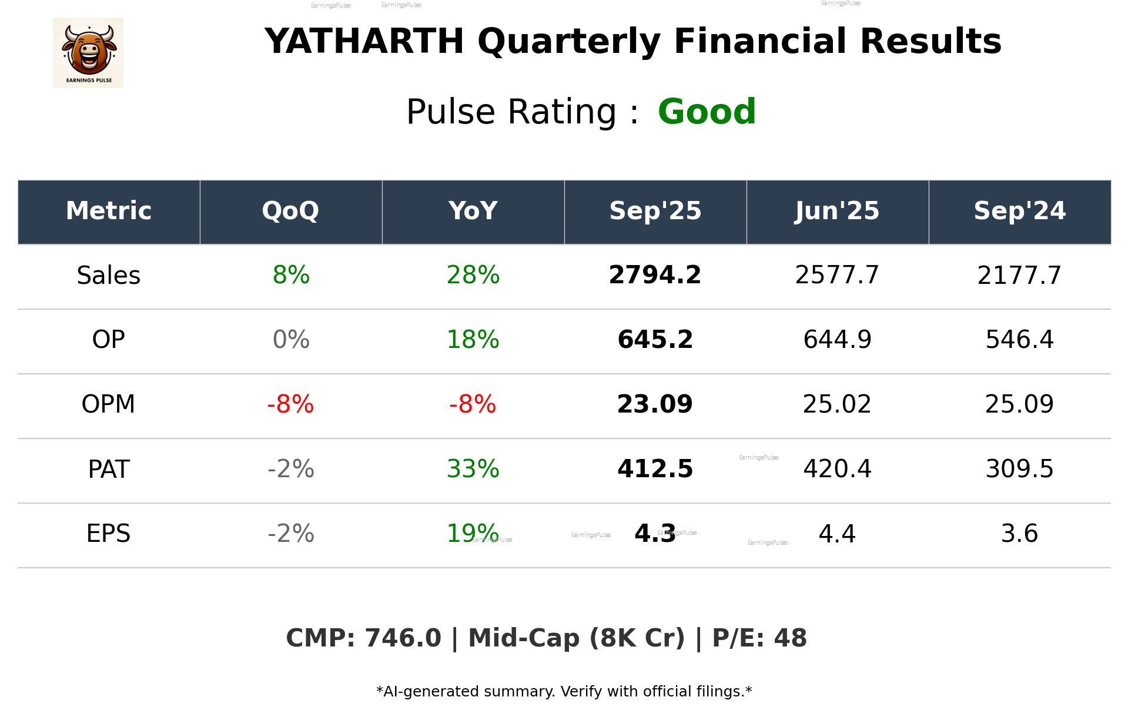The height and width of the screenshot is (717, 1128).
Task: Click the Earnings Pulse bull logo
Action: pos(88,52)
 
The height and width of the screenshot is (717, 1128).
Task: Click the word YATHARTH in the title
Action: pos(364,42)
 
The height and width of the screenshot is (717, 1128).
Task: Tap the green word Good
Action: pos(707,112)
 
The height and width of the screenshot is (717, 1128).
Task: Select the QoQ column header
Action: pos(290,211)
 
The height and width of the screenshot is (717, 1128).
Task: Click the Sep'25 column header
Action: pos(655,211)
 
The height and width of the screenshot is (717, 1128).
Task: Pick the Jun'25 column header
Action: pos(837,211)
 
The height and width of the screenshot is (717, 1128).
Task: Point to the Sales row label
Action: pos(109,276)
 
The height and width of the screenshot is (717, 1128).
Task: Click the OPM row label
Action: pos(109,404)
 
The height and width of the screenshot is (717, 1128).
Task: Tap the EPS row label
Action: pos(109,534)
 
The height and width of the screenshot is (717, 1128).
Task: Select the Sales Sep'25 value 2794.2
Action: pos(655,276)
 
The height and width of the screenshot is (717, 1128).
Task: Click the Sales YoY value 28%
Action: pos(473,276)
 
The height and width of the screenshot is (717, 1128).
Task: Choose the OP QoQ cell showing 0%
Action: pos(291,340)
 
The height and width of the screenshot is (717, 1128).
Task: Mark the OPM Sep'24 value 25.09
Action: pos(1019,404)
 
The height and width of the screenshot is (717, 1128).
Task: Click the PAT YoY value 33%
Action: pos(473,469)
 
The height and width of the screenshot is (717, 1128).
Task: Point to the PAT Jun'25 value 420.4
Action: pos(837,469)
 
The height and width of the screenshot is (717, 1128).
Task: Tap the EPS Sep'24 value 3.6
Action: pos(1019,534)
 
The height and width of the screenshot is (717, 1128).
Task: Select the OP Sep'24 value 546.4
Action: pos(1019,340)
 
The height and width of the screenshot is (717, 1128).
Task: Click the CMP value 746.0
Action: pos(403,638)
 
